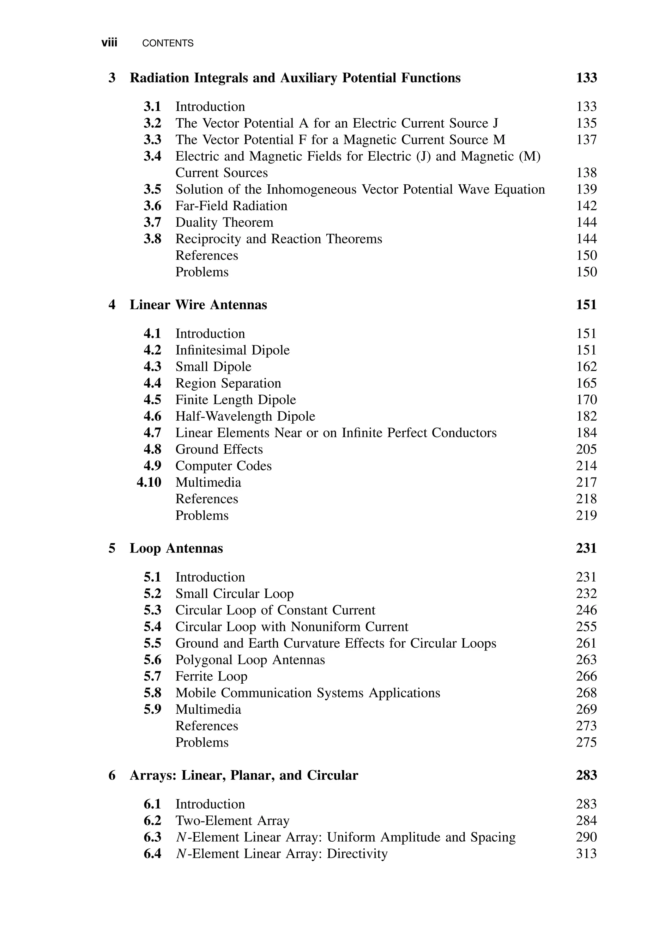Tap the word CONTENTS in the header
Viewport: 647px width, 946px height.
pyautogui.click(x=168, y=43)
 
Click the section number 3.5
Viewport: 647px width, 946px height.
pyautogui.click(x=152, y=189)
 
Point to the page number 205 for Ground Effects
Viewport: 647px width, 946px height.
pyautogui.click(x=586, y=449)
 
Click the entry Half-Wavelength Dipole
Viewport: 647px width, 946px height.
pyautogui.click(x=245, y=416)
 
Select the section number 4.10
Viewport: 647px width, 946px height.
pyautogui.click(x=149, y=482)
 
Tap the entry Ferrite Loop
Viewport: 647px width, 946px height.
pyautogui.click(x=211, y=676)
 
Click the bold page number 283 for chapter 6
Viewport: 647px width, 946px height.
pyautogui.click(x=586, y=775)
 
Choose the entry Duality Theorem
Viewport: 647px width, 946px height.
pyautogui.click(x=224, y=222)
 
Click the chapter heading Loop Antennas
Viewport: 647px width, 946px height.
pyautogui.click(x=176, y=548)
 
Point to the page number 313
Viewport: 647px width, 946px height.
pyautogui.click(x=586, y=854)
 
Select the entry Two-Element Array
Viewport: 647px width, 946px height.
pyautogui.click(x=232, y=821)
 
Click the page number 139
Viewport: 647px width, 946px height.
pyautogui.click(x=586, y=189)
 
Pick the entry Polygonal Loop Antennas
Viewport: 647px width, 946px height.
pyautogui.click(x=250, y=660)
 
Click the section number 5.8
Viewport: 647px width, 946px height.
pyautogui.click(x=152, y=693)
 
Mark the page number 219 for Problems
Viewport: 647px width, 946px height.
pyautogui.click(x=586, y=515)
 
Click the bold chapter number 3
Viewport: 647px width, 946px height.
pyautogui.click(x=112, y=78)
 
